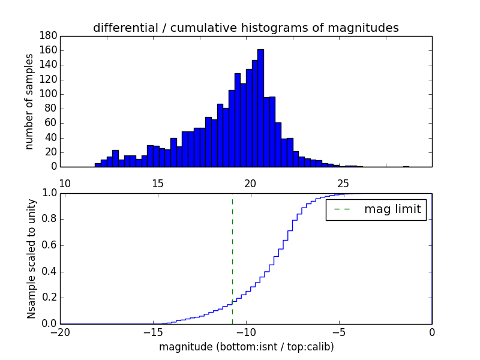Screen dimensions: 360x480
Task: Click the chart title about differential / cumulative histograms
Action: coord(245,28)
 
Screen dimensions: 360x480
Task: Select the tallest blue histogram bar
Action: coord(260,108)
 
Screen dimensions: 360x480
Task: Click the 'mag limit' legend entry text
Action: coord(392,210)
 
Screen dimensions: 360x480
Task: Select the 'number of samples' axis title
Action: coord(29,101)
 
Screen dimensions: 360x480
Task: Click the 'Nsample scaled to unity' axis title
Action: coord(31,258)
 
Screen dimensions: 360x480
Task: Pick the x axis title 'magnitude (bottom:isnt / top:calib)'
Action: coord(246,347)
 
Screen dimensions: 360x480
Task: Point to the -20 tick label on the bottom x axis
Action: coord(61,332)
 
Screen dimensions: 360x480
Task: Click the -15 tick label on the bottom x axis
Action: coord(153,332)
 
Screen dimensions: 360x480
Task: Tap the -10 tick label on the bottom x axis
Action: coord(246,332)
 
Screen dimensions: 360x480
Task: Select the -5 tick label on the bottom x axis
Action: coord(339,332)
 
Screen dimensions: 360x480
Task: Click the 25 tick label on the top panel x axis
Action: coord(343,183)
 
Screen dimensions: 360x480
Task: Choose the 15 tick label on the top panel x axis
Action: coord(158,183)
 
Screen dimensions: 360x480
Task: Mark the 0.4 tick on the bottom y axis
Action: coord(49,271)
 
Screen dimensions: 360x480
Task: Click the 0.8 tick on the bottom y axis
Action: coord(49,219)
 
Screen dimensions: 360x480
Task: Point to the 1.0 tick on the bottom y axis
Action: coord(49,193)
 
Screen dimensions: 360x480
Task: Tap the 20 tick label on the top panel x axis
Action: coord(251,183)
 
